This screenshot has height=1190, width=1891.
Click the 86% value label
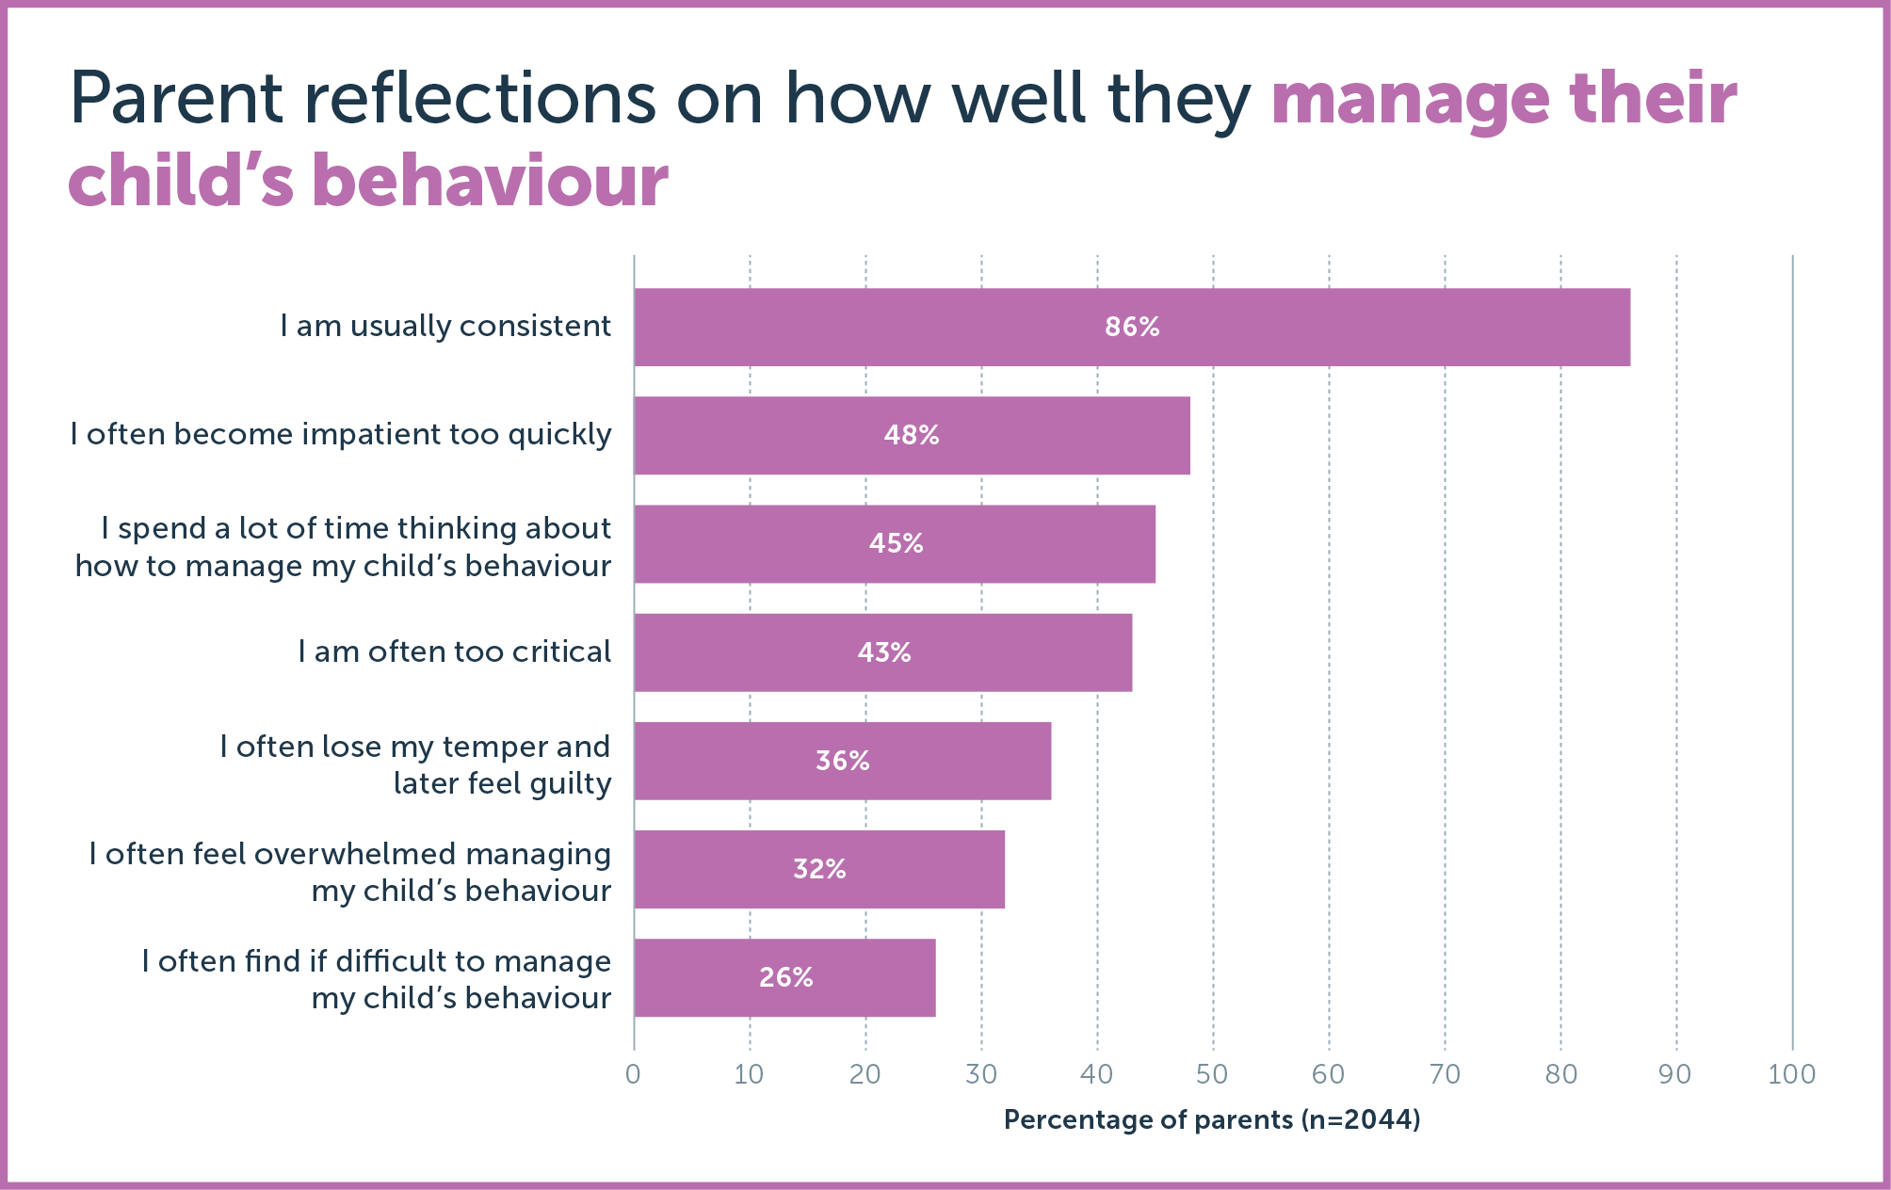point(1132,327)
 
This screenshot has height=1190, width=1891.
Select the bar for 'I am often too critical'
point(882,652)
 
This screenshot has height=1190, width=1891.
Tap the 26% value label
point(786,977)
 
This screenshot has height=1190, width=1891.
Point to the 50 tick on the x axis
point(1212,1074)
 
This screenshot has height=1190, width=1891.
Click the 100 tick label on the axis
point(1791,1074)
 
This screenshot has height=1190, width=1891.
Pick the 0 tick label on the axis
point(633,1074)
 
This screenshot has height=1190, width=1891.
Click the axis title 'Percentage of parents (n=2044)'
point(1212,1119)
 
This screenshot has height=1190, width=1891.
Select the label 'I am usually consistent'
point(445,326)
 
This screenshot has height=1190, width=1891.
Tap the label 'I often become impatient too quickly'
point(341,434)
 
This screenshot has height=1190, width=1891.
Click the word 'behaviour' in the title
point(490,181)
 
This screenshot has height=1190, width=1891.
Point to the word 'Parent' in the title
point(176,99)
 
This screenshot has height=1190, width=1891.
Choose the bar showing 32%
point(819,869)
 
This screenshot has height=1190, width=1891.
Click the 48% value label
point(912,435)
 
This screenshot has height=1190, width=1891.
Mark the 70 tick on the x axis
point(1445,1074)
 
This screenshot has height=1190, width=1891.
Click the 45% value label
point(896,543)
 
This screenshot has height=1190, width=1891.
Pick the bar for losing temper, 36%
point(842,761)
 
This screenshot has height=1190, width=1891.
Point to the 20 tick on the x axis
point(865,1074)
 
